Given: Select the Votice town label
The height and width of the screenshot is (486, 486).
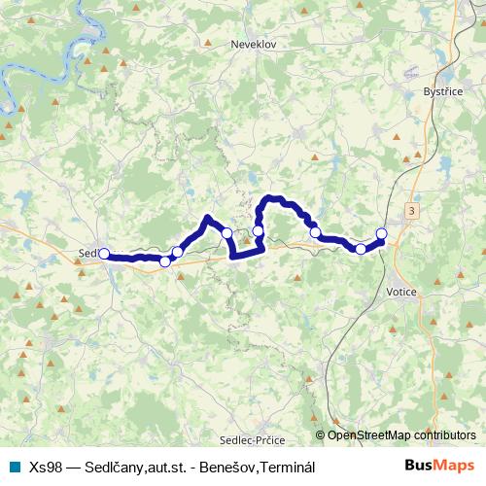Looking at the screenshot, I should (x=401, y=292).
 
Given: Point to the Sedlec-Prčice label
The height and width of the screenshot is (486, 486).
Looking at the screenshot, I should (x=252, y=437).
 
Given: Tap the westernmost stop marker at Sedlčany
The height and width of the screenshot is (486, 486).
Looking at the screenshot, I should (x=104, y=253).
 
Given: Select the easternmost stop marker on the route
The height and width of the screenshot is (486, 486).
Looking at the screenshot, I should (x=381, y=232).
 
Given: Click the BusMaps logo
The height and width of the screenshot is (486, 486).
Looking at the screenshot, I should (x=438, y=467).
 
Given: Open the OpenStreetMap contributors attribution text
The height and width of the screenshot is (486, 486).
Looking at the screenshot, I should (x=400, y=435).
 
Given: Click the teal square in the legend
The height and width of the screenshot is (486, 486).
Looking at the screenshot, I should (x=14, y=467).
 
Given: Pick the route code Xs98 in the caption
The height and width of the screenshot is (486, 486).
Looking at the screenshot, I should (x=45, y=467).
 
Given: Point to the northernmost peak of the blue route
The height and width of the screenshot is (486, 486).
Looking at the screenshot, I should (x=273, y=198).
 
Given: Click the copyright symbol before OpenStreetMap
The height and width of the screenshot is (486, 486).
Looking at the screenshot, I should (x=321, y=435).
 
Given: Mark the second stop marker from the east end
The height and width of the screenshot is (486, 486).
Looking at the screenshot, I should (x=361, y=249).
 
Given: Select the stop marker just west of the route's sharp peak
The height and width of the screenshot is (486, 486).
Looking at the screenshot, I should (x=177, y=252).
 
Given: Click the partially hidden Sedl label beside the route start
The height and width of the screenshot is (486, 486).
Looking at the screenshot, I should (x=87, y=254).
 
